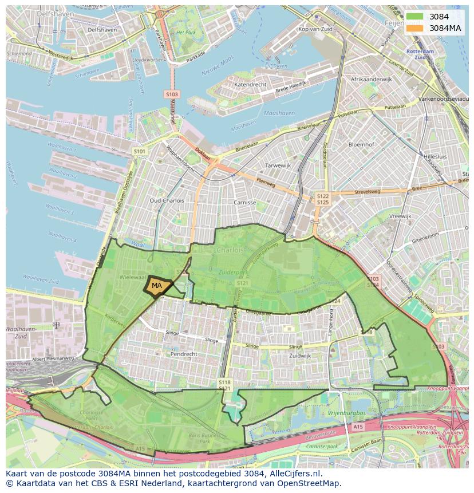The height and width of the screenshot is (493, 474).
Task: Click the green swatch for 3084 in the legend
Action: coord(416,17)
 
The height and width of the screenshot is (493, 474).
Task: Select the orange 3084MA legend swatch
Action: coord(416,28)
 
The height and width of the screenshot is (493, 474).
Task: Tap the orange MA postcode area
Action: coord(156,285)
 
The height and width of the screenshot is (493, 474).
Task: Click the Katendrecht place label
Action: coord(250,84)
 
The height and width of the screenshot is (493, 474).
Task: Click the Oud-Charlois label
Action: coord(167,201)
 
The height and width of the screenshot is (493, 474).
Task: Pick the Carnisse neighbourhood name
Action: coord(244,202)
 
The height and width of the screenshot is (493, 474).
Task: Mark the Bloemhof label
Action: coord(361,145)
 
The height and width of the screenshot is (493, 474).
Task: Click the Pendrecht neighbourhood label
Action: coord(184,354)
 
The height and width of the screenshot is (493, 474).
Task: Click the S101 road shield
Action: coord(139,151)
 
